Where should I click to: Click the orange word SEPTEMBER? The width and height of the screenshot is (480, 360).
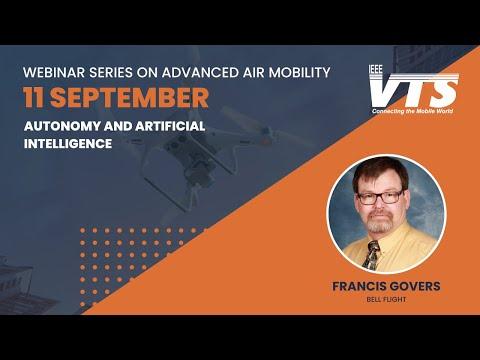point(129,98)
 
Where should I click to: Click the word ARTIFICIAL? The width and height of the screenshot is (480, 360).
point(170,126)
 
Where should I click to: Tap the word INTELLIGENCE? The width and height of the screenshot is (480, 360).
point(68,144)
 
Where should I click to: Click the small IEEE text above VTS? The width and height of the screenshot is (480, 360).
point(376,69)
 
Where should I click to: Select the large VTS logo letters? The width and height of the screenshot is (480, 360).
point(414,91)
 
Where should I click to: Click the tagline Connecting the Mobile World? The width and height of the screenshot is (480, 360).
point(413,111)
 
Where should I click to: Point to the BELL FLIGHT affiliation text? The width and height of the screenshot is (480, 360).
point(386,299)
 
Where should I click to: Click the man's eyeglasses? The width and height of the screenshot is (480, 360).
point(380,197)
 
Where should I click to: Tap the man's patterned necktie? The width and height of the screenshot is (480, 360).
point(372,255)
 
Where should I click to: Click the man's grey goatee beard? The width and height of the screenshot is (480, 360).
point(381,223)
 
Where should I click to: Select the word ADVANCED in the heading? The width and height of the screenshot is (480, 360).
point(200,72)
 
